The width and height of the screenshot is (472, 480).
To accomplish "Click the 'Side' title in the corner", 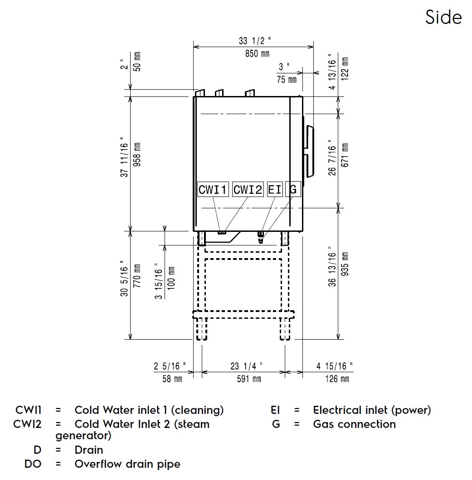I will point(443,17).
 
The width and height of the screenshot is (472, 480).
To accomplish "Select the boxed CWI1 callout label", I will point(213,190).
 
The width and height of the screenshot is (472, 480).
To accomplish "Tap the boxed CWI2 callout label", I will point(248,190).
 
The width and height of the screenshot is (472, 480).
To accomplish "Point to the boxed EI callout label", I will point(275,190).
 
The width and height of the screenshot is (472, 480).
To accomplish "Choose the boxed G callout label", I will point(293,190).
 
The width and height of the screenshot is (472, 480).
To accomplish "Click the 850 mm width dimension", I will point(254,54).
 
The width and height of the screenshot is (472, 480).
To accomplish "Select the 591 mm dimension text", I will point(249,379).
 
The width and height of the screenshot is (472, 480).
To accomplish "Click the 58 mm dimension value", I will point(172,379).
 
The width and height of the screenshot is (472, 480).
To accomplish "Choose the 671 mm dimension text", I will point(345,155).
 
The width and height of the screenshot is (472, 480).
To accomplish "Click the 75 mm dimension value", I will point(287,79).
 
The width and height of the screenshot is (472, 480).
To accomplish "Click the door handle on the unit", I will point(310,151).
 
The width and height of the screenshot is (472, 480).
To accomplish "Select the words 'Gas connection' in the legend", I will point(354,424).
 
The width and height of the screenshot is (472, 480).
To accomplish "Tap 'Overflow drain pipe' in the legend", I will point(127,464).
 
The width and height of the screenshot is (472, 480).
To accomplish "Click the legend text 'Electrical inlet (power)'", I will point(372,410).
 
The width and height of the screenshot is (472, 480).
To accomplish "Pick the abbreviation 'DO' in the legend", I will point(33,464).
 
